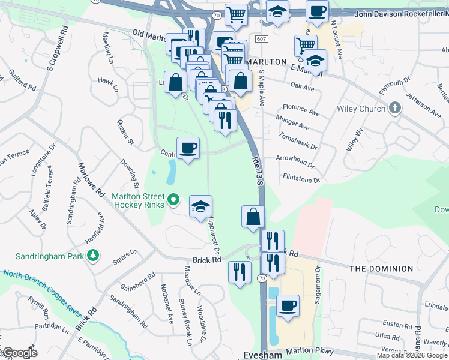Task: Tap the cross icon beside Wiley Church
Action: click(x=394, y=108)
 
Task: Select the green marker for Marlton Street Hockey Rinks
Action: click(x=174, y=199)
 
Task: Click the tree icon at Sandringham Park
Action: click(x=92, y=256)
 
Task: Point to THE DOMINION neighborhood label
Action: click(x=379, y=269)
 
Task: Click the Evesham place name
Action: click(x=261, y=354)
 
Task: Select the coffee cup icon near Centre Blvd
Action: click(x=188, y=148)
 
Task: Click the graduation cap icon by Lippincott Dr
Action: click(x=201, y=207)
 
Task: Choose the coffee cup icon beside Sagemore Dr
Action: click(x=287, y=305)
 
